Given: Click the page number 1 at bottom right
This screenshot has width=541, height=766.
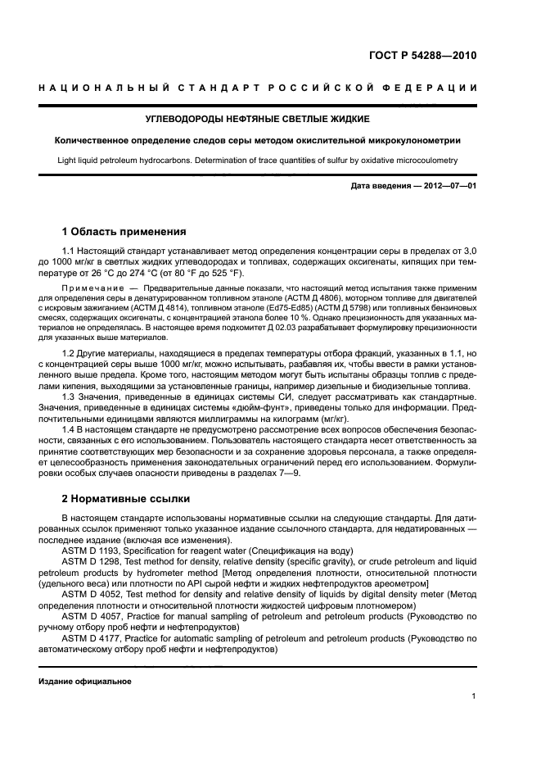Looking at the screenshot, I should pos(473,696).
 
